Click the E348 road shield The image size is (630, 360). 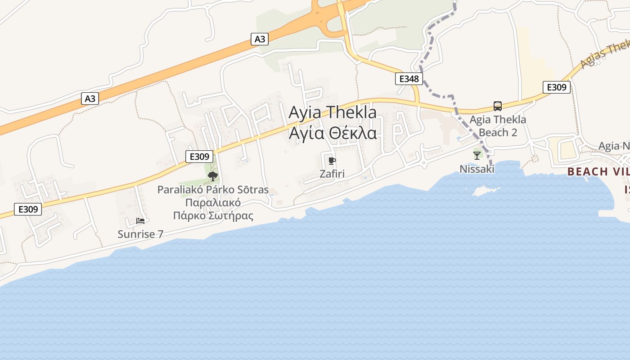409,79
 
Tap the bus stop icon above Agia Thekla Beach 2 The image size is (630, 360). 497,106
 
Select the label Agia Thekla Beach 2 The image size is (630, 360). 497,126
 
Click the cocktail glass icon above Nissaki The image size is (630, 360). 477,156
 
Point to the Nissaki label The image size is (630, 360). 477,169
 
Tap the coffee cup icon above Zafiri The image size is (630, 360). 332,161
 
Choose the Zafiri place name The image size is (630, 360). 332,174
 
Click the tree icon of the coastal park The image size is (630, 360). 213,176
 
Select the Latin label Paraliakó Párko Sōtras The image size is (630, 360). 213,189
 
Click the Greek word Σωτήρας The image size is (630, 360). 229,216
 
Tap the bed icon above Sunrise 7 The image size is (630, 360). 140,221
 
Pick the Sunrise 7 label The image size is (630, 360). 140,234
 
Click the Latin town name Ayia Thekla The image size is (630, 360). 332,112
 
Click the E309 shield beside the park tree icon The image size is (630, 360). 199,157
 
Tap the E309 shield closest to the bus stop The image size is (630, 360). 556,87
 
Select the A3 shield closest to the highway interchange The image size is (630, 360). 260,39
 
